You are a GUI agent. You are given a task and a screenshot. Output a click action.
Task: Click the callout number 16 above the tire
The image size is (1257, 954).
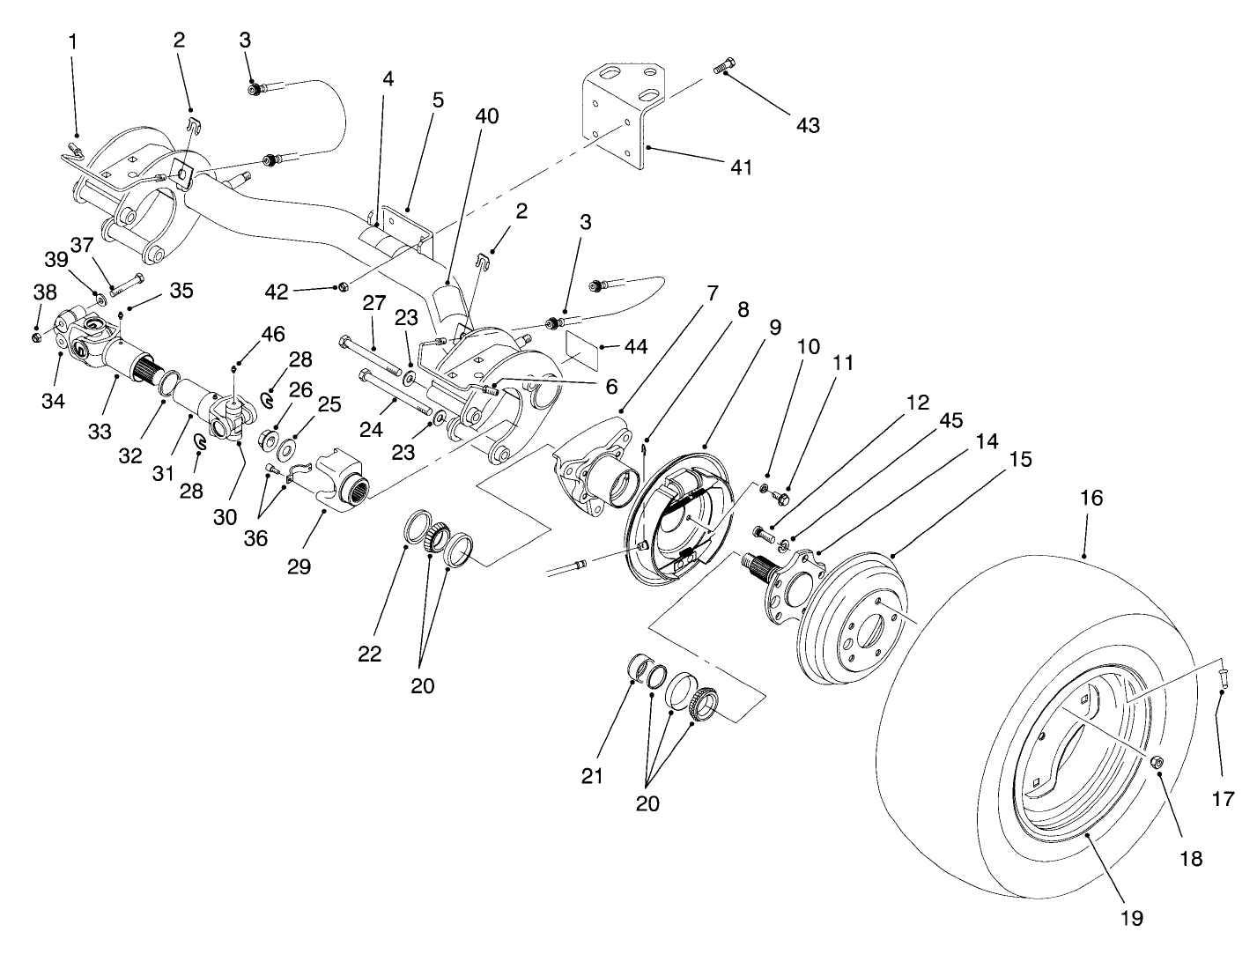(1091, 499)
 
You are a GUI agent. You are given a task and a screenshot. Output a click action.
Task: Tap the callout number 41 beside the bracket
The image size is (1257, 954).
(742, 166)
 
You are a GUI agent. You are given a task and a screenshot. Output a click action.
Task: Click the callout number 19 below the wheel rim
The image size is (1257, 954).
(1131, 918)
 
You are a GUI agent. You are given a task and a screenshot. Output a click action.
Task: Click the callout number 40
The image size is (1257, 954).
(486, 116)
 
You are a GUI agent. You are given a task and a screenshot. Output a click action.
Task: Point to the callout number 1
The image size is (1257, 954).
(73, 41)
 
